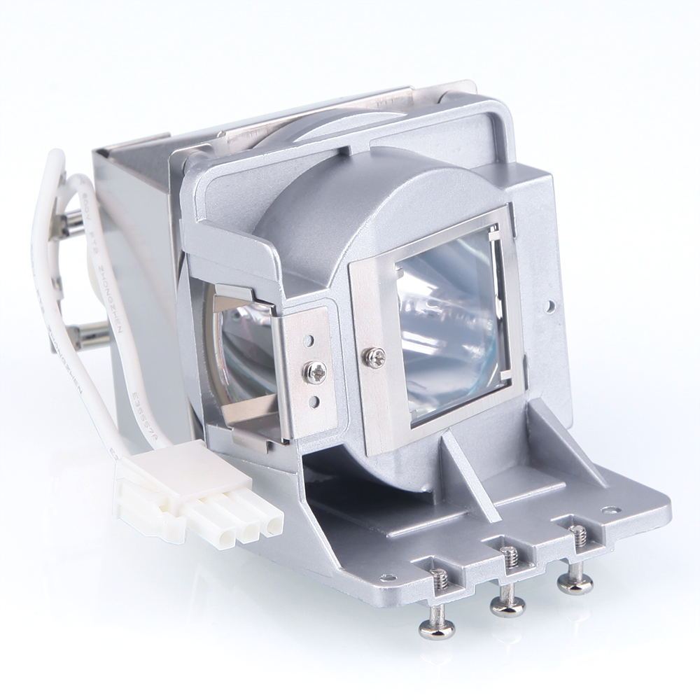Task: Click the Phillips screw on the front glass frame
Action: (374, 358)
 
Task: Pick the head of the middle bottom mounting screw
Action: (507, 607)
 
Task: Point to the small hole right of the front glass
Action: (550, 306)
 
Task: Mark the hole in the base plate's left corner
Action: (384, 578)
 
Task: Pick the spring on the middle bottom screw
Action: (510, 558)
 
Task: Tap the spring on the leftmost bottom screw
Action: (440, 580)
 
